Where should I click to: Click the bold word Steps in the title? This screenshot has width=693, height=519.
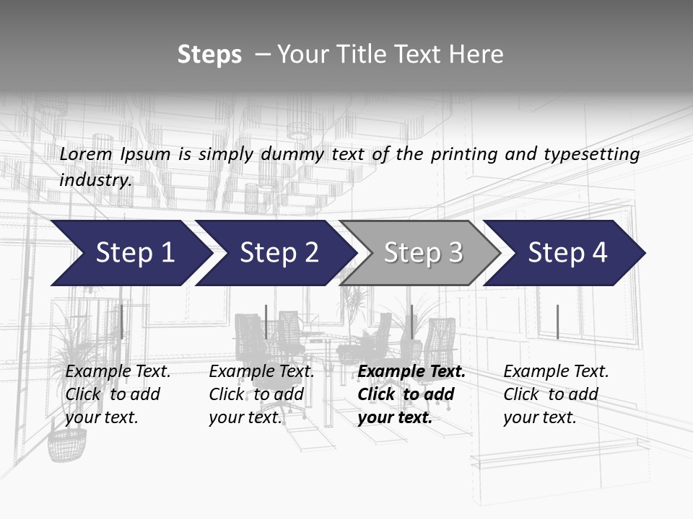(x=209, y=55)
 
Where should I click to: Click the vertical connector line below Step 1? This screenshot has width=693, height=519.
(x=121, y=321)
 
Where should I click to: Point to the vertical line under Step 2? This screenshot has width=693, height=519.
(x=266, y=321)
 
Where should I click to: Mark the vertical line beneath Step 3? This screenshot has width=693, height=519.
(x=412, y=321)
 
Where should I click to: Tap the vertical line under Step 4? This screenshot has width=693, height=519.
(x=558, y=321)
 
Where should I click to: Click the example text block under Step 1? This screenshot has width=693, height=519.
(x=117, y=394)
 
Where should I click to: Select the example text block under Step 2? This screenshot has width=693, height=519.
(x=261, y=394)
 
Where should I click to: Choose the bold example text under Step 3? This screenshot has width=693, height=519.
(x=411, y=394)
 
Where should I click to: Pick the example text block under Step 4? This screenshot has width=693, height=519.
(x=555, y=394)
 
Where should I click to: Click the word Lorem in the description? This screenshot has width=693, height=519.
(x=86, y=154)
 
